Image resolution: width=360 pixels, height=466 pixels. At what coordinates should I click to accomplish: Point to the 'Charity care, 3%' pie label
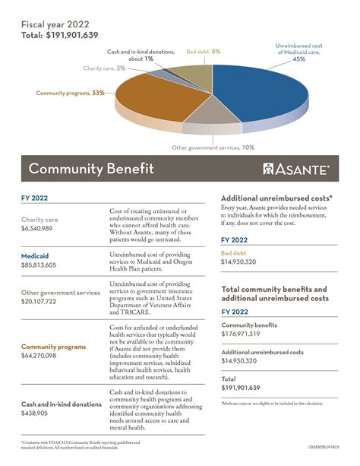pyautogui.click(x=104, y=68)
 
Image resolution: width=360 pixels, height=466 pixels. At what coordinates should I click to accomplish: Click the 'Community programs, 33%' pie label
pyautogui.click(x=70, y=93)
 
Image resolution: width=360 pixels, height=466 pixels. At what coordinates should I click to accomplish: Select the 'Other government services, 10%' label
pyautogui.click(x=212, y=147)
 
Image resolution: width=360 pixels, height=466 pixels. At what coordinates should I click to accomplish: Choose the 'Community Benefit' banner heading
pyautogui.click(x=91, y=169)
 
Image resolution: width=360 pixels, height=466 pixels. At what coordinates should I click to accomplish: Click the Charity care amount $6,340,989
pyautogui.click(x=36, y=228)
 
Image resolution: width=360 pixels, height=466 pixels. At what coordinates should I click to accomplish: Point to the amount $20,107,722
pyautogui.click(x=39, y=301)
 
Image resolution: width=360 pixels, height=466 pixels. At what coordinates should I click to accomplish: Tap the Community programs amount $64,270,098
pyautogui.click(x=39, y=356)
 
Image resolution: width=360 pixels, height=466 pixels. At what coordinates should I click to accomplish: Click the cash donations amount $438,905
pyautogui.click(x=35, y=413)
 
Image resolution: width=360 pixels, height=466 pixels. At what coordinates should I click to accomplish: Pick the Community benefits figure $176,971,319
pyautogui.click(x=245, y=333)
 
